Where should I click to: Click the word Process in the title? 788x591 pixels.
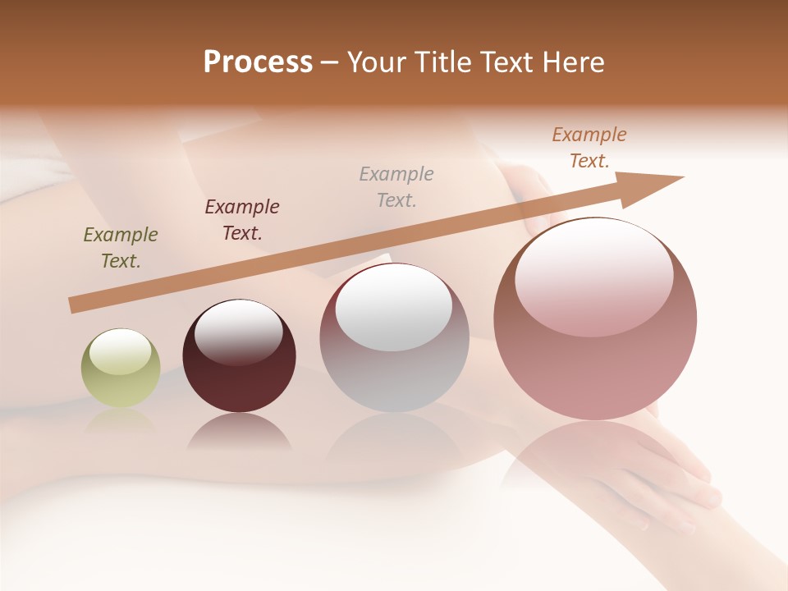(x=258, y=62)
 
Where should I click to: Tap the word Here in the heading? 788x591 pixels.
(x=572, y=62)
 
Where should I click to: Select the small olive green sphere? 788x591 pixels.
(x=121, y=369)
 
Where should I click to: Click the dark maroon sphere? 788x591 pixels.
(x=239, y=356)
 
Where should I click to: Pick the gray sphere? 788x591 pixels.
(x=394, y=337)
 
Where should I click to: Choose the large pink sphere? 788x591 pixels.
(x=595, y=319)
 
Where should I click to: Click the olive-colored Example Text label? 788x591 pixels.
(x=120, y=248)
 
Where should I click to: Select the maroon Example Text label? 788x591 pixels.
(x=241, y=220)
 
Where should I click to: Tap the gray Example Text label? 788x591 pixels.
(x=396, y=186)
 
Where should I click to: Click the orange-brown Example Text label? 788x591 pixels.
(x=589, y=148)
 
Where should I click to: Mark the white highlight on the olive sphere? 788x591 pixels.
(x=120, y=351)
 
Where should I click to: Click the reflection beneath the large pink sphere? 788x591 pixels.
(x=595, y=460)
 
